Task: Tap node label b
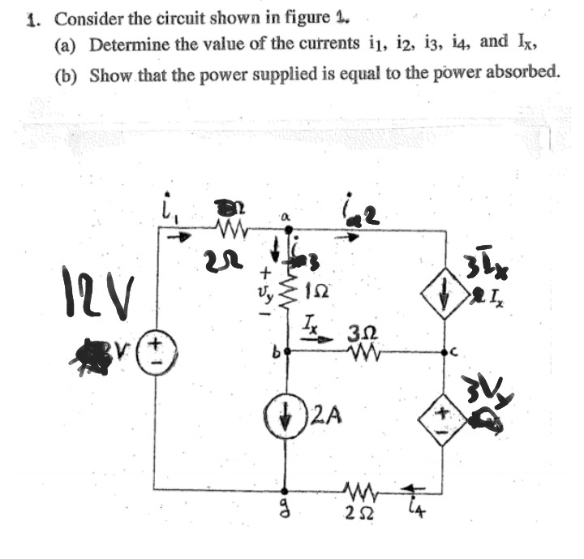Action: pyautogui.click(x=276, y=355)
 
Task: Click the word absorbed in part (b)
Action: pyautogui.click(x=520, y=74)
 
